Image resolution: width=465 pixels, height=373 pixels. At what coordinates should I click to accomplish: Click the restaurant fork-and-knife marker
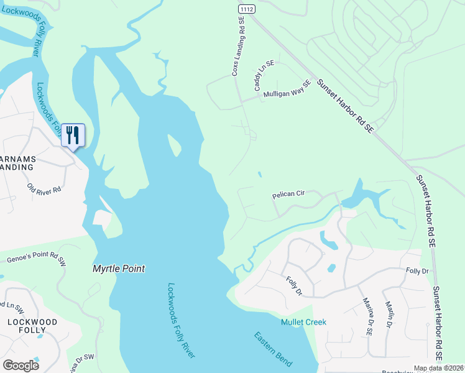coord(73,135)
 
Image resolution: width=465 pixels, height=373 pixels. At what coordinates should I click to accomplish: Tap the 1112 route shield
coord(246,8)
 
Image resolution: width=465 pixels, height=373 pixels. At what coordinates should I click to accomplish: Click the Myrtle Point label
coord(118,269)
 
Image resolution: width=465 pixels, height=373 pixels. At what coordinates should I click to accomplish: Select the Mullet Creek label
coord(303,322)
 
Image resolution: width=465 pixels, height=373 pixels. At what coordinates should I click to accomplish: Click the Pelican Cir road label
coord(288,195)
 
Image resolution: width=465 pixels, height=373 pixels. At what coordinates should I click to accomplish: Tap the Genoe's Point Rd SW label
coord(36,258)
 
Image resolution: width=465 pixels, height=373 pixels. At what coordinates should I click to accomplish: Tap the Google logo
coord(21,366)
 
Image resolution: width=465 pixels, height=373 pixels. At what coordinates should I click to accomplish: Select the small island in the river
coord(175,147)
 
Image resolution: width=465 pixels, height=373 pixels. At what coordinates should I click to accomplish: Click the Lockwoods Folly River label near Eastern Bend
coord(181,320)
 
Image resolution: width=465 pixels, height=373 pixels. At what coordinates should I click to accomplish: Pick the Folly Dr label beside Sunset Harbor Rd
coord(417,272)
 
